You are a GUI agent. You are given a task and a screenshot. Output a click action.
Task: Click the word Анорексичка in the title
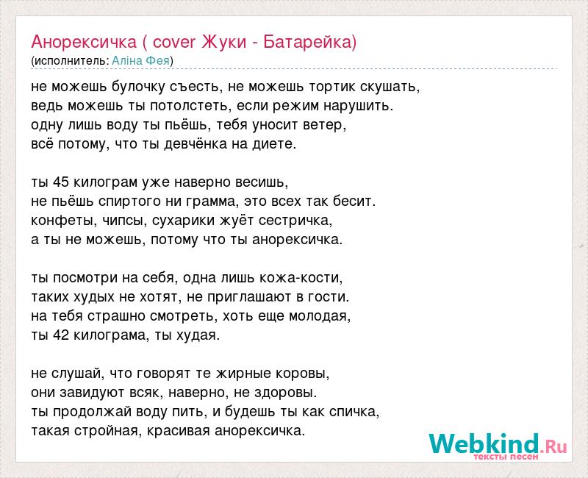pyautogui.click(x=84, y=42)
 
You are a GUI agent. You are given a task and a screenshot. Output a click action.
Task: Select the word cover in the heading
pyautogui.click(x=174, y=42)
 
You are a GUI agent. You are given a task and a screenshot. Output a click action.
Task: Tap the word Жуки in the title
pyautogui.click(x=224, y=42)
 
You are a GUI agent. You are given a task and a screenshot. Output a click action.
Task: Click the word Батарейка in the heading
pyautogui.click(x=307, y=42)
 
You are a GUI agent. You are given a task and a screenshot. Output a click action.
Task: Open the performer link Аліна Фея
pyautogui.click(x=140, y=61)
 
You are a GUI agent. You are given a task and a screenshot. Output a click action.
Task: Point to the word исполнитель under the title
pyautogui.click(x=71, y=61)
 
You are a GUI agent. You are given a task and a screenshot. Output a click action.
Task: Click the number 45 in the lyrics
pyautogui.click(x=61, y=182)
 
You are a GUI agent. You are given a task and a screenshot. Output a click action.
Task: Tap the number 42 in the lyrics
pyautogui.click(x=61, y=335)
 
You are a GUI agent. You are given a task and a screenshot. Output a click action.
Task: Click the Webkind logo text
pyautogui.click(x=498, y=445)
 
